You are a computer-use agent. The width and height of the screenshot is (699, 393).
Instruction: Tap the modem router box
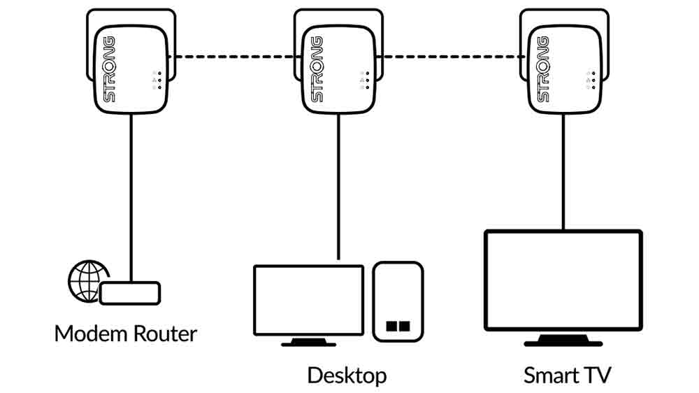point(131,293)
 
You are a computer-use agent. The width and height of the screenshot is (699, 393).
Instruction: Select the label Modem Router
point(126,333)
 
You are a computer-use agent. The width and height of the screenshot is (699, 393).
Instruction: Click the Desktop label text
point(347,375)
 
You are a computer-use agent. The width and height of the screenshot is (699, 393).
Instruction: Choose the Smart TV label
point(567,375)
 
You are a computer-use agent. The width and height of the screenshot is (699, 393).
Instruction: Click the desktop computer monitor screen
point(308,299)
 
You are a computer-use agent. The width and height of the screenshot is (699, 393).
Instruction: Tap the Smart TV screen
point(563,280)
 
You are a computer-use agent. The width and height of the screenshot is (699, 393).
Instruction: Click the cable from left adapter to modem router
point(131,196)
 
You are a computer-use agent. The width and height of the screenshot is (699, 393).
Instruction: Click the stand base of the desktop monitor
point(308,343)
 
